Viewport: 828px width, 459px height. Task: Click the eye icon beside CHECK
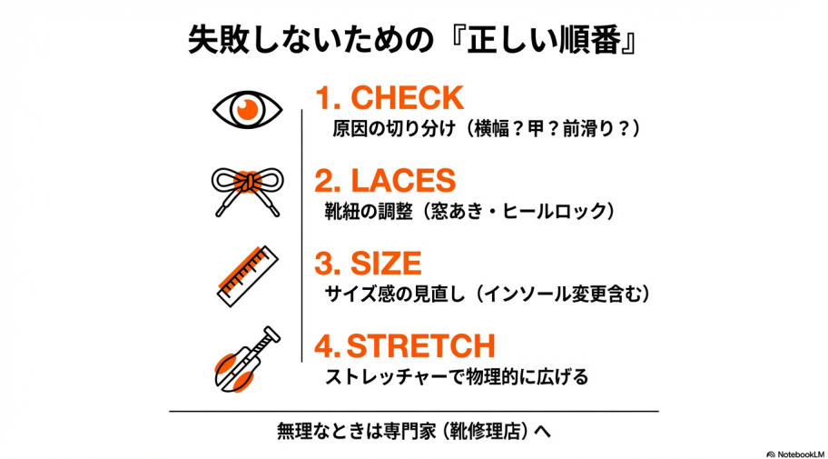(247, 110)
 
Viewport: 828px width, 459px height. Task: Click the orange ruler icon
(247, 274)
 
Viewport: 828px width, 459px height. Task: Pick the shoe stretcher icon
(245, 357)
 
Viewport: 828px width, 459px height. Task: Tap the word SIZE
(385, 264)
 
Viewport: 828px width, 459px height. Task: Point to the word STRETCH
(420, 346)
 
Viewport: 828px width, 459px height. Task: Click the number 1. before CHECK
(327, 97)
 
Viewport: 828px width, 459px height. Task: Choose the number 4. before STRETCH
(328, 346)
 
